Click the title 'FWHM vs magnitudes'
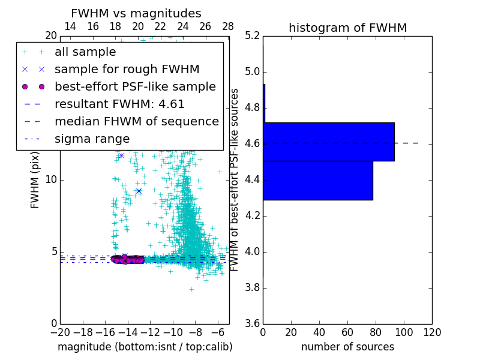[136, 13]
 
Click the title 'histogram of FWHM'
[347, 28]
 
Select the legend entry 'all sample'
[85, 52]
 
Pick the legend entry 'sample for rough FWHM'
[127, 69]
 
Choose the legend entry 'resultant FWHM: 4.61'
[119, 104]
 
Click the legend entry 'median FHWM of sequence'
[136, 121]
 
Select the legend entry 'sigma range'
[92, 139]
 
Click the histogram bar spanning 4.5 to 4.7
[329, 142]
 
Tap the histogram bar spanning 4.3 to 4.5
[318, 180]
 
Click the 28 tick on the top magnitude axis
[228, 26]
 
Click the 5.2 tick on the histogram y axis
[252, 36]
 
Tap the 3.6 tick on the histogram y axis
[252, 323]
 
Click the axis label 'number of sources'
[347, 347]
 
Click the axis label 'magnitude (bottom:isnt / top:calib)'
[145, 347]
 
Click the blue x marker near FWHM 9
[139, 191]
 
